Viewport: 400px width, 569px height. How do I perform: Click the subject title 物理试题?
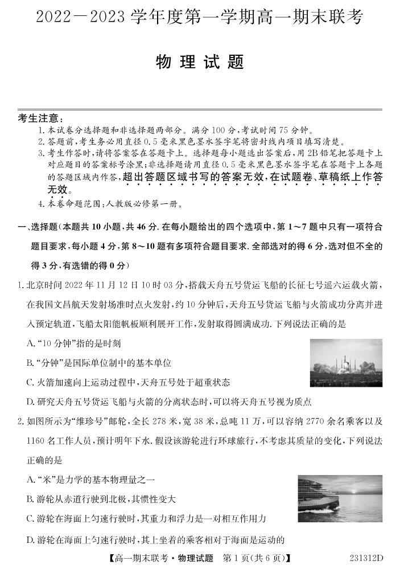pyautogui.click(x=200, y=63)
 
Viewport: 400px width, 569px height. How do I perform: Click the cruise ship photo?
pyautogui.click(x=340, y=498)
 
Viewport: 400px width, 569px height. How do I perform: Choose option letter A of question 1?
pyautogui.click(x=31, y=343)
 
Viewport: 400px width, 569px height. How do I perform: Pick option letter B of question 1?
pyautogui.click(x=31, y=363)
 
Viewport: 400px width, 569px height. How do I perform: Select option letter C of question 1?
pyautogui.click(x=31, y=382)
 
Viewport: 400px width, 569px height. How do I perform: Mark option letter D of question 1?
pyautogui.click(x=31, y=402)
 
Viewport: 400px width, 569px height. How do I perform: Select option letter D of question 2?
pyautogui.click(x=31, y=539)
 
